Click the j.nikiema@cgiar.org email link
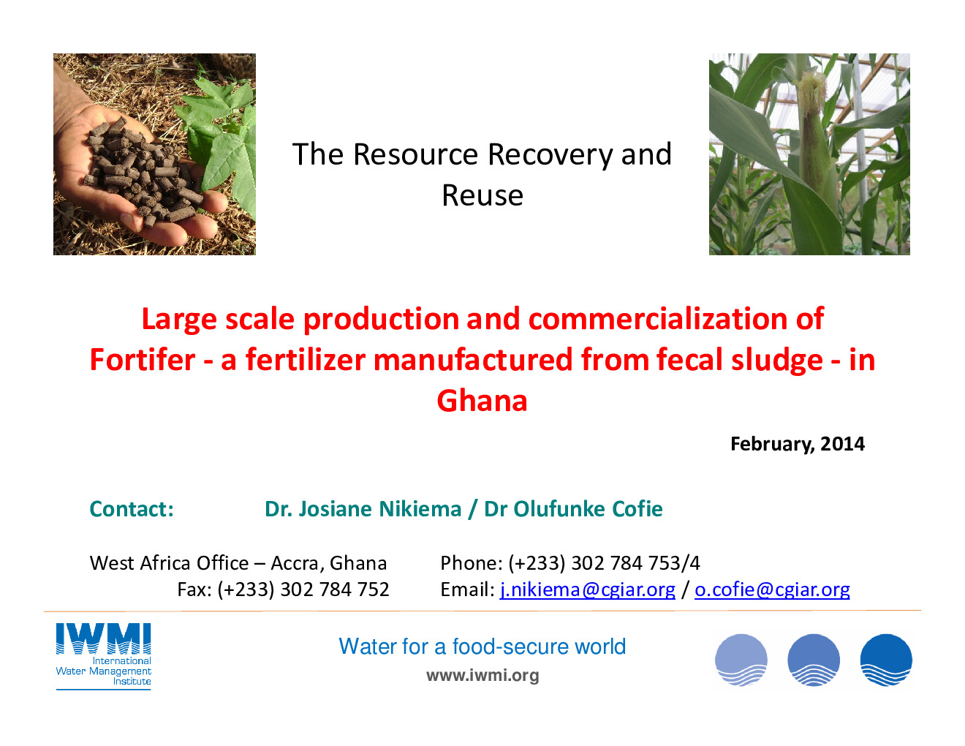[x=587, y=590]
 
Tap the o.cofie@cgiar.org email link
[x=772, y=590]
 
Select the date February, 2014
[x=798, y=445]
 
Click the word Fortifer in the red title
[x=143, y=359]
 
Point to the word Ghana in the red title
[x=482, y=401]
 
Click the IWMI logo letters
[x=104, y=639]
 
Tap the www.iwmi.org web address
[x=482, y=675]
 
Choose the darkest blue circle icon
[x=886, y=660]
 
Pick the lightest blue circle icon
[x=741, y=660]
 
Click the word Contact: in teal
[x=132, y=509]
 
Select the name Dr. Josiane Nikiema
[x=363, y=509]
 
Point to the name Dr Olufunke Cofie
[x=573, y=509]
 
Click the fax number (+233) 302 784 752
[x=303, y=590]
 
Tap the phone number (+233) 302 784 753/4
[x=605, y=563]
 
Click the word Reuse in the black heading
[x=482, y=195]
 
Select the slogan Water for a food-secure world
[x=482, y=647]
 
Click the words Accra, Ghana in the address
[x=329, y=563]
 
